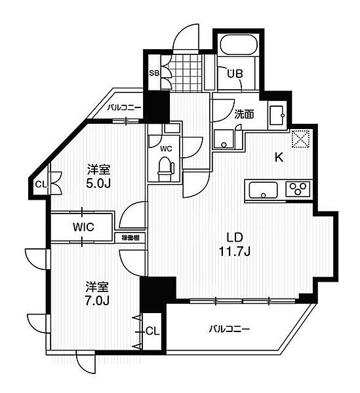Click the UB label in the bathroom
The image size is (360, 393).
235,74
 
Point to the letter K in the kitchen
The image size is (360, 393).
278,157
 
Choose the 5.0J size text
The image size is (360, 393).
97,182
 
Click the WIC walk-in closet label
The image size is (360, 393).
85,227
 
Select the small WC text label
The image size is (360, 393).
167,149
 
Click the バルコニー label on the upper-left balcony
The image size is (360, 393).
125,107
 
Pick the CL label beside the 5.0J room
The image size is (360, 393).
40,184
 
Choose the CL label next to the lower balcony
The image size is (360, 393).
151,331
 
